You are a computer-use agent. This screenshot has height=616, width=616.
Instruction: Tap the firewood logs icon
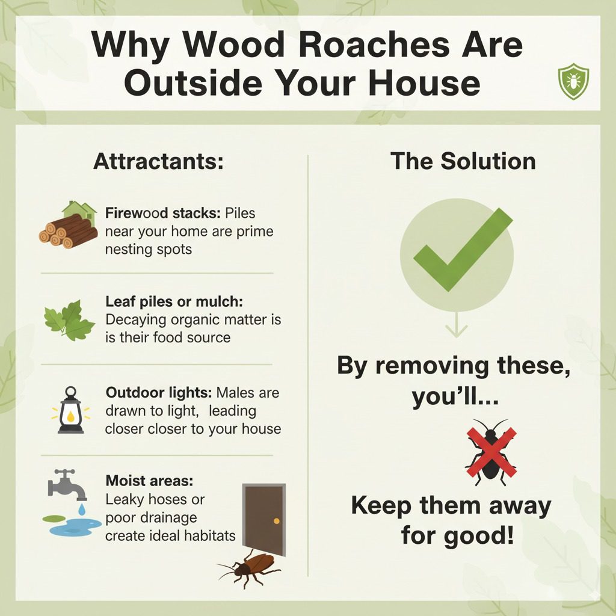tap(67, 229)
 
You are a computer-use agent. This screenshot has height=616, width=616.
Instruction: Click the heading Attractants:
tap(158, 162)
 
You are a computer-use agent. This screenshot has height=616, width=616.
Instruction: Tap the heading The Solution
tap(463, 161)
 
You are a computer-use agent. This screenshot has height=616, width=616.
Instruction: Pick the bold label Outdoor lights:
tap(158, 392)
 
